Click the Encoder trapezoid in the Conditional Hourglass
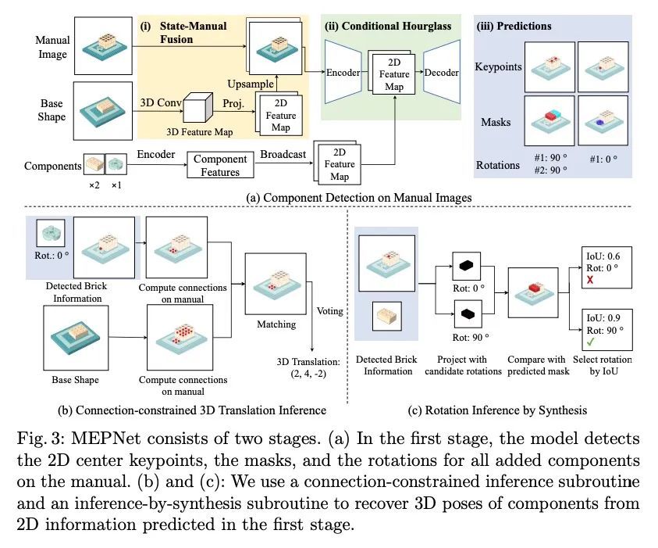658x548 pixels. (x=343, y=73)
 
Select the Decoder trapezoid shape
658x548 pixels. (x=441, y=73)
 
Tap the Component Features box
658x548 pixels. (x=220, y=165)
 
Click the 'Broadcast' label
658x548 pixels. (x=283, y=154)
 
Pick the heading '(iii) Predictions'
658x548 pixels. (x=514, y=26)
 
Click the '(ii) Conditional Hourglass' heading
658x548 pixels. (x=388, y=26)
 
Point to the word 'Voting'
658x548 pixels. (x=329, y=310)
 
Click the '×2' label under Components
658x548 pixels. (x=93, y=185)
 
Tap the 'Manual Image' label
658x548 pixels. (x=52, y=47)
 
